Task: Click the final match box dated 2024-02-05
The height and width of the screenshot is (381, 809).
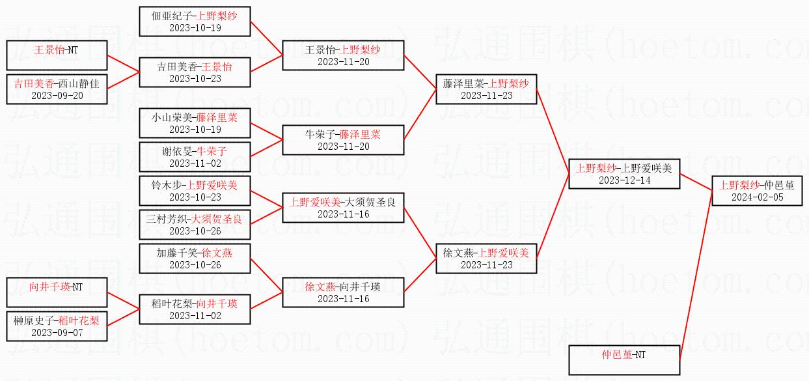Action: point(756,190)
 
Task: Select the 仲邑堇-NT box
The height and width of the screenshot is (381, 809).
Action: point(624,360)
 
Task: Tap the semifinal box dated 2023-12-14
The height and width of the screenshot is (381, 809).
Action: point(624,173)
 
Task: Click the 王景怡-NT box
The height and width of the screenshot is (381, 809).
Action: point(57,55)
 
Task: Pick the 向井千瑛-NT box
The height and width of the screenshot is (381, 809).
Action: point(57,292)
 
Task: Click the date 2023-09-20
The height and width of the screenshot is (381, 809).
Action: point(57,95)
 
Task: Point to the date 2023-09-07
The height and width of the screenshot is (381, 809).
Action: point(57,332)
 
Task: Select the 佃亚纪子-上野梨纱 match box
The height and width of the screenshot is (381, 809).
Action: point(195,21)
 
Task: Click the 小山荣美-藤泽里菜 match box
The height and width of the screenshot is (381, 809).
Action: point(195,124)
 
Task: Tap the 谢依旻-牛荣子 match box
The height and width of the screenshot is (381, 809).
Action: point(195,157)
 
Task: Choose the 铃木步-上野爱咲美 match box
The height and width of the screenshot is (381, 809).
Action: point(195,191)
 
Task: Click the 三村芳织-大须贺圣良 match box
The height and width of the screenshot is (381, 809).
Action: point(195,225)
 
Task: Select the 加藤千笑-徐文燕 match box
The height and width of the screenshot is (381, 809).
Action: point(195,258)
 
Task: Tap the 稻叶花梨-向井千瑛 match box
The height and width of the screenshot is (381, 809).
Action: point(195,309)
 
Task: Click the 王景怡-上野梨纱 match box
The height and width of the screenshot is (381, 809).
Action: point(342,55)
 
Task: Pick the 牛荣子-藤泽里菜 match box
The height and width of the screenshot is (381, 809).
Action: point(342,139)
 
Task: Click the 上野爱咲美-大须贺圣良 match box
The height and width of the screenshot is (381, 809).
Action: point(342,207)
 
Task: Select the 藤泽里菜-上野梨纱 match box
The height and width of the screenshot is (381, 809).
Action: point(486,89)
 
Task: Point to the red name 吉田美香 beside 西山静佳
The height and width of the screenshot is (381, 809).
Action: point(34,83)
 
